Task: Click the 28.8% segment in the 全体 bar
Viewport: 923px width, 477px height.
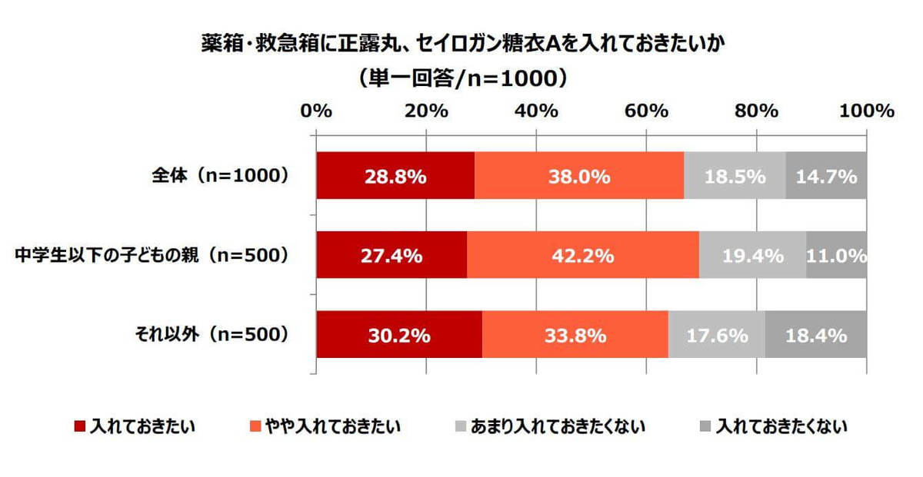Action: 395,177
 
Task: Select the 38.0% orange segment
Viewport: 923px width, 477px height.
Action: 578,177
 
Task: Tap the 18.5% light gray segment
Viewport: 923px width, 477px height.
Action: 734,177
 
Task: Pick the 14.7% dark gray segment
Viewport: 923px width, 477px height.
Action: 826,177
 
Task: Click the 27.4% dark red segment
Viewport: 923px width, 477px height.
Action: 391,256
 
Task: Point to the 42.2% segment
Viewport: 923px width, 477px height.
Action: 582,256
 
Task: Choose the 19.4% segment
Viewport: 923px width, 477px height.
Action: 752,256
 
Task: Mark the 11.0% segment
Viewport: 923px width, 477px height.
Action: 837,256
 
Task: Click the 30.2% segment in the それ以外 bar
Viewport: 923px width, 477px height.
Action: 398,335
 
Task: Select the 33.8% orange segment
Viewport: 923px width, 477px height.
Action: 575,335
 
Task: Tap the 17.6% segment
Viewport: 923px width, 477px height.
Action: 716,335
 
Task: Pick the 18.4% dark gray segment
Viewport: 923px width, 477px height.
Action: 816,335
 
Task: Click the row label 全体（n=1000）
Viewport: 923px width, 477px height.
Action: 219,176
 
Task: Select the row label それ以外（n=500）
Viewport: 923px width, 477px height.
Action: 211,334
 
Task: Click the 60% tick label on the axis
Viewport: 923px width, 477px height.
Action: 646,111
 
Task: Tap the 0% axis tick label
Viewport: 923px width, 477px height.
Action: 316,111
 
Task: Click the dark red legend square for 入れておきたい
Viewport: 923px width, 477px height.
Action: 79,426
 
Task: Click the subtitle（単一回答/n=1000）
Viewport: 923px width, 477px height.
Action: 461,78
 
